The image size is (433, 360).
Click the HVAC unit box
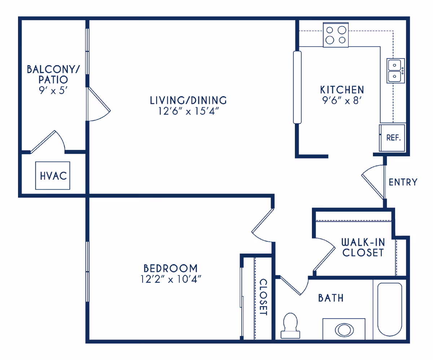click(x=53, y=175)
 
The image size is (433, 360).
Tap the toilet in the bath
click(x=290, y=326)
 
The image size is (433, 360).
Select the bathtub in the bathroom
click(x=390, y=309)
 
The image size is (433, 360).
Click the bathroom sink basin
click(x=345, y=330)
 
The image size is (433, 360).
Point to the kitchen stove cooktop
click(x=336, y=35)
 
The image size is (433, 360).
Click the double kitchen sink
click(x=395, y=71)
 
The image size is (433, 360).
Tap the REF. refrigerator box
click(x=392, y=138)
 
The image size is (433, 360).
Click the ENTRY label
click(x=403, y=182)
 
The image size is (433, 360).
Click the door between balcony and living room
click(x=98, y=104)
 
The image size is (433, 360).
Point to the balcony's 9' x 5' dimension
click(x=53, y=91)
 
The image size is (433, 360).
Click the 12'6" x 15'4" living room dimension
click(x=188, y=111)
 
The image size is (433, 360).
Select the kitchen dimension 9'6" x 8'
click(x=342, y=101)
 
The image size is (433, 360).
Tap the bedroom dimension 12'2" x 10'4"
click(x=171, y=279)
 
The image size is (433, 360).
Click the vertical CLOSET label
click(x=263, y=297)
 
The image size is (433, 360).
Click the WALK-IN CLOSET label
click(x=363, y=248)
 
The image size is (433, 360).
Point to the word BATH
click(x=331, y=298)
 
